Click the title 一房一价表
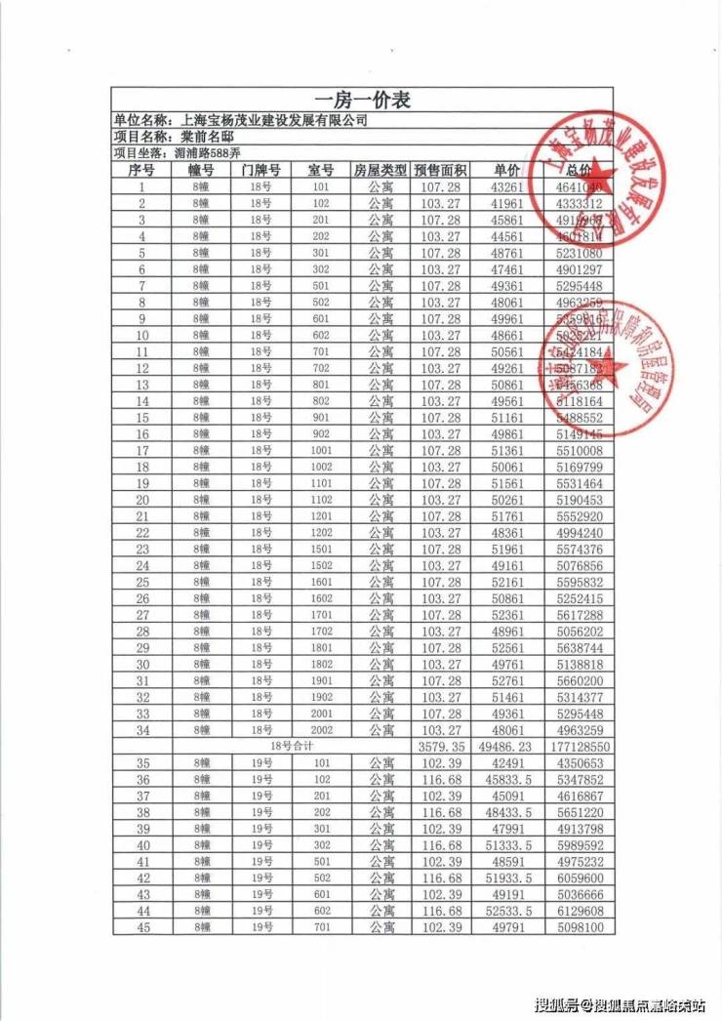(x=361, y=101)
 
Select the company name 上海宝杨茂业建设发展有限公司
(x=274, y=120)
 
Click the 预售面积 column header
(x=440, y=170)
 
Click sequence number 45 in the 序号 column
(x=142, y=926)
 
